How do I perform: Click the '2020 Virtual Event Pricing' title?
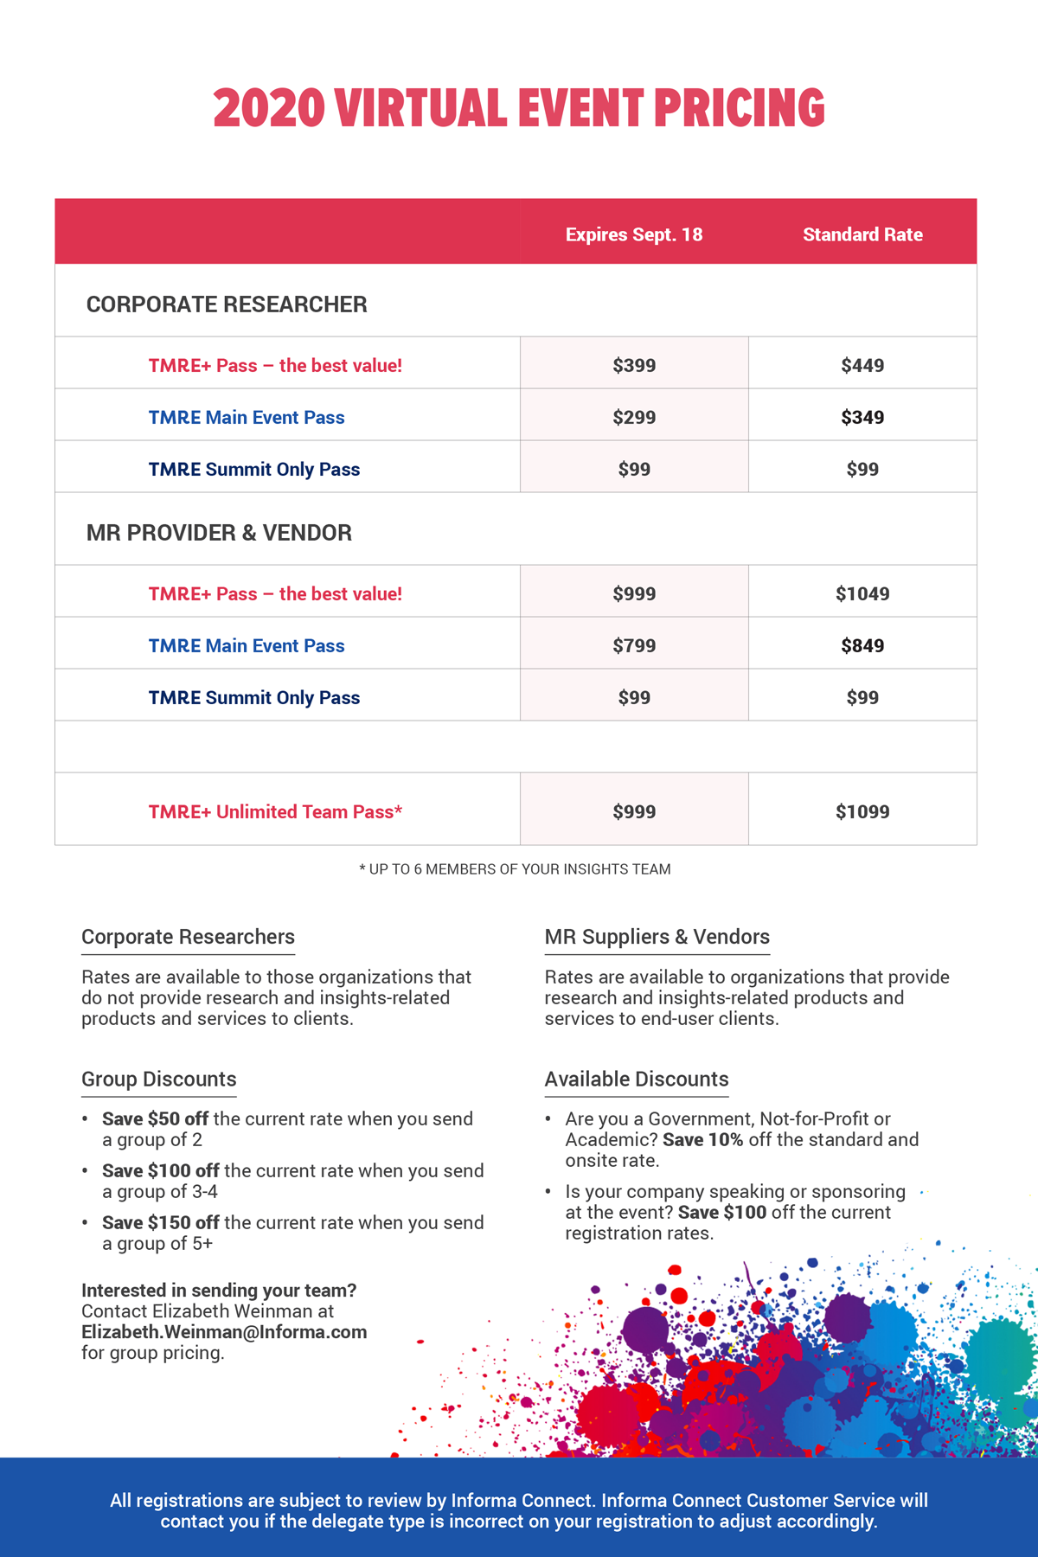(519, 108)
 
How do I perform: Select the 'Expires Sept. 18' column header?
(634, 234)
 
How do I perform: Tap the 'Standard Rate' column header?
(862, 234)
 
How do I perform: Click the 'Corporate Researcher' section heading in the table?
(227, 304)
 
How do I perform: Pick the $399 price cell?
(634, 365)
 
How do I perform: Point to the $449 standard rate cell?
(862, 365)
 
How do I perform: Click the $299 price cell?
(634, 417)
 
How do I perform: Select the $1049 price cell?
(862, 593)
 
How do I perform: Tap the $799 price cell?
(634, 645)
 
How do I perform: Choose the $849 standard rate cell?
(862, 645)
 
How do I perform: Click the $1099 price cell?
(862, 811)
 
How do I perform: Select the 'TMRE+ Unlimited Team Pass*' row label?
(275, 811)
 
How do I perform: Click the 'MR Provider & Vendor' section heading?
(219, 533)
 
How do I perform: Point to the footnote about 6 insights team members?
(515, 869)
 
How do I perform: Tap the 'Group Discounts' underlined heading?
(158, 1080)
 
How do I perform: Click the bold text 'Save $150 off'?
(160, 1222)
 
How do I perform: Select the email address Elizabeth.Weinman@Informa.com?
(224, 1332)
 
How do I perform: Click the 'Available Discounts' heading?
(637, 1080)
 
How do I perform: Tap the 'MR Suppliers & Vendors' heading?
(657, 937)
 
